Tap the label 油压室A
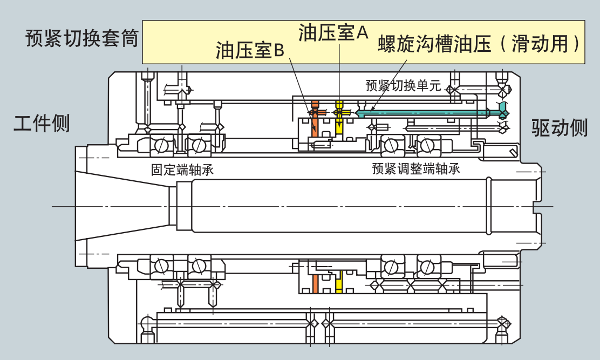point(333,33)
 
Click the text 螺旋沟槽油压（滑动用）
point(480,44)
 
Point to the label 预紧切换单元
point(403,85)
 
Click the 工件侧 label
point(42,124)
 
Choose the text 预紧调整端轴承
point(415,169)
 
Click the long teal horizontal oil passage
point(426,112)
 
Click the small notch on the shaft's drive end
point(536,207)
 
